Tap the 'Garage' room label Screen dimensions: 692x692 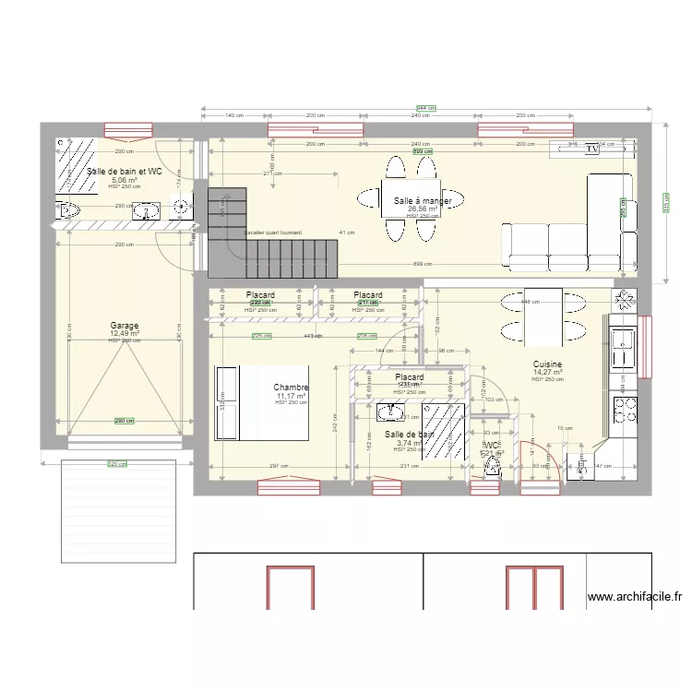tap(125, 326)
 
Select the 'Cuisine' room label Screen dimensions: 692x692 tap(547, 364)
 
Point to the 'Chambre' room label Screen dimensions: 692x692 tap(291, 388)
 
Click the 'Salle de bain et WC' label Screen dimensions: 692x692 tap(124, 172)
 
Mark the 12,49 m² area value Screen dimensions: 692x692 tap(125, 334)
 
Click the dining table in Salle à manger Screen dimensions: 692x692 tap(411, 200)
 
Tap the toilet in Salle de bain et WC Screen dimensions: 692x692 tap(71, 212)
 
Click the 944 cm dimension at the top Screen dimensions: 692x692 tap(425, 108)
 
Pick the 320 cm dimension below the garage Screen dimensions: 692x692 tap(117, 464)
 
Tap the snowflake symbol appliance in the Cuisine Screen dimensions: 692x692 tap(625, 300)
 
